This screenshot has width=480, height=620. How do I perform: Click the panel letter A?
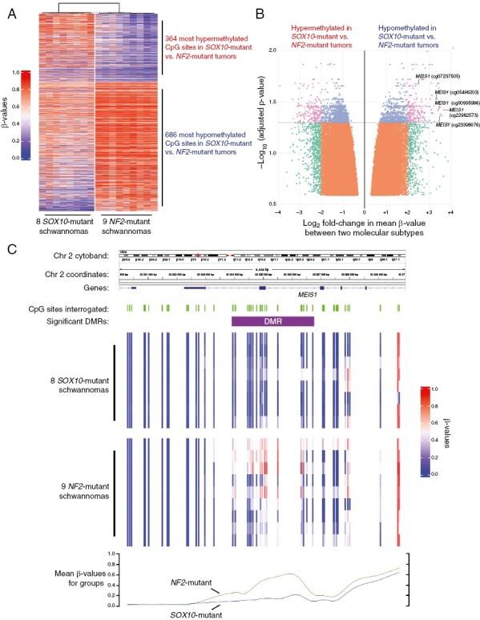coord(10,9)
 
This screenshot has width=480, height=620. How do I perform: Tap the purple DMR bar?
coord(272,320)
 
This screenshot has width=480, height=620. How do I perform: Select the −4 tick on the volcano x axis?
coord(277,212)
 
